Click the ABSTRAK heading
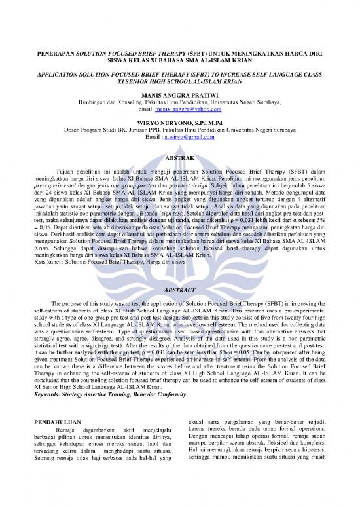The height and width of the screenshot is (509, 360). pyautogui.click(x=180, y=158)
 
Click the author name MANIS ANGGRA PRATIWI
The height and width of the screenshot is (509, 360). pyautogui.click(x=180, y=95)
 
